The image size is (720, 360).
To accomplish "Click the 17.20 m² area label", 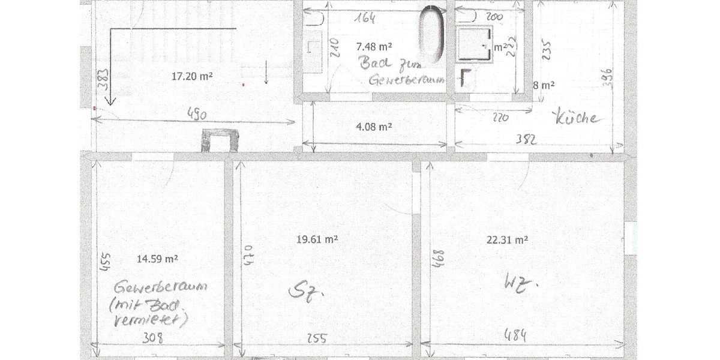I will point(193,76).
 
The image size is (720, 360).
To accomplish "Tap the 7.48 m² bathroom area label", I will point(375,46).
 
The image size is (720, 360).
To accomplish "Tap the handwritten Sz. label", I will point(307,292).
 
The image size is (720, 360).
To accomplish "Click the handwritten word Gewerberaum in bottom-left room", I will point(163,287).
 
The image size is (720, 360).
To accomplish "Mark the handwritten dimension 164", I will point(364,18).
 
